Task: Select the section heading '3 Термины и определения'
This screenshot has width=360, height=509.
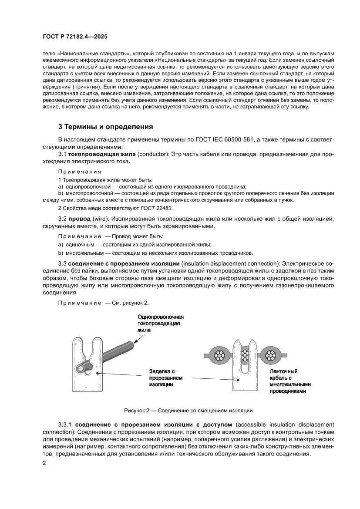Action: coord(105,127)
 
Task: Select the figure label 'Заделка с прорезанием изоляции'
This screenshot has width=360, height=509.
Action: coord(165,378)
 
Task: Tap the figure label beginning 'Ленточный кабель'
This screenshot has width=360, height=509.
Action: coord(290,381)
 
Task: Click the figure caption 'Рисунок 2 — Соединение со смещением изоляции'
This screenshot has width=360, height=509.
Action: coord(188,410)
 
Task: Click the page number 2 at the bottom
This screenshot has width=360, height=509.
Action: coord(44,464)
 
